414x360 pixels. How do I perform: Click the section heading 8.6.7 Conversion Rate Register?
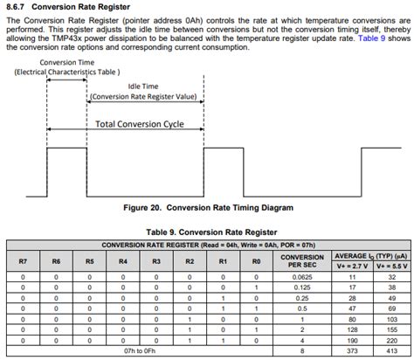pos(69,7)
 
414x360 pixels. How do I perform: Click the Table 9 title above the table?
pos(207,232)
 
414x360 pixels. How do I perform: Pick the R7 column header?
pos(23,261)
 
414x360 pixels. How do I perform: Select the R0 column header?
pos(256,261)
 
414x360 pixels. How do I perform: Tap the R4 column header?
pos(122,261)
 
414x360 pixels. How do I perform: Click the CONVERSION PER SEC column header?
pos(301,261)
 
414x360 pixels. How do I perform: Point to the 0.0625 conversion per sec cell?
pos(301,277)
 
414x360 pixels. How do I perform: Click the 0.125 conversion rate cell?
pos(301,287)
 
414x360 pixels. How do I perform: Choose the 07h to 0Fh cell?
pos(139,352)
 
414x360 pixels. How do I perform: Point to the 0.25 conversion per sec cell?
pos(301,298)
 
